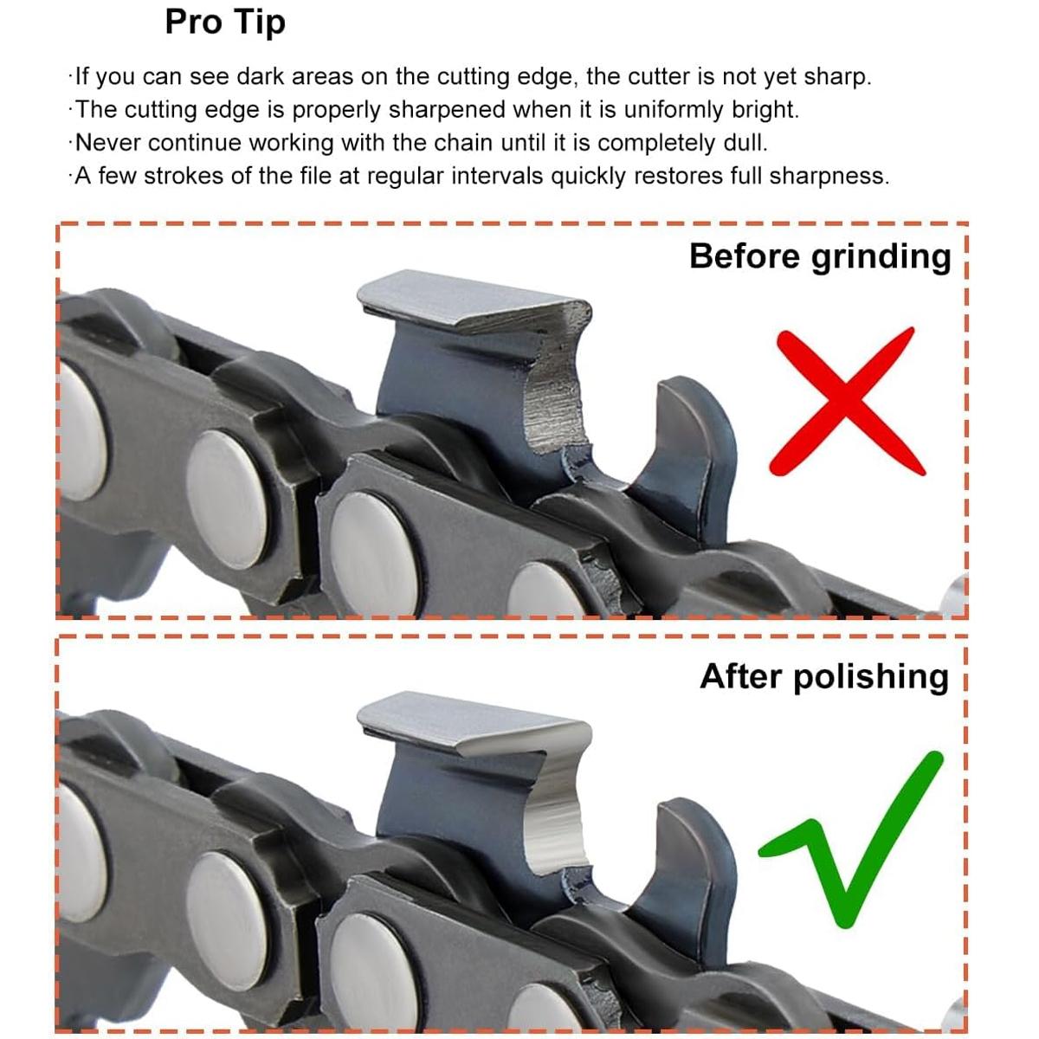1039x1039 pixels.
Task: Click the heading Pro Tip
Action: (x=225, y=23)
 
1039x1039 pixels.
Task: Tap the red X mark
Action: (x=846, y=402)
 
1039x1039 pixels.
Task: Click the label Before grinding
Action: (x=820, y=256)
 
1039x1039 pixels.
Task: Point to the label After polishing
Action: (x=824, y=677)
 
